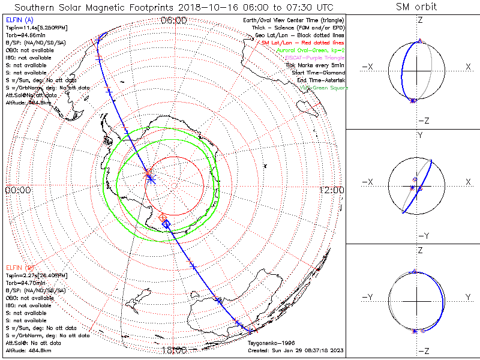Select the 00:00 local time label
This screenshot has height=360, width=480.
click(17, 190)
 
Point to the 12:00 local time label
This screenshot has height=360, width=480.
click(332, 190)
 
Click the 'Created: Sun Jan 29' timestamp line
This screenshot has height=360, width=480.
click(295, 350)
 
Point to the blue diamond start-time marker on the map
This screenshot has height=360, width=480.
click(166, 224)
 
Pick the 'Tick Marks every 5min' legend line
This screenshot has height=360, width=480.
click(316, 65)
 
